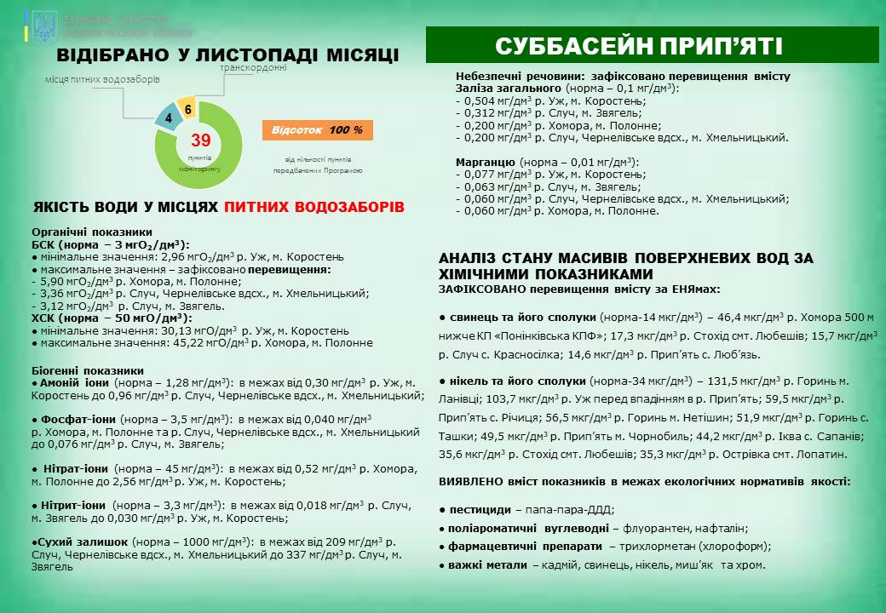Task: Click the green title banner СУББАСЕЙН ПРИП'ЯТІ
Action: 652,45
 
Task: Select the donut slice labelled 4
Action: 169,117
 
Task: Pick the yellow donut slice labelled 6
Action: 187,109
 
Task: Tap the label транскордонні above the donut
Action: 253,68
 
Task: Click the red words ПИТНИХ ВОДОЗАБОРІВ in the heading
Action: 314,207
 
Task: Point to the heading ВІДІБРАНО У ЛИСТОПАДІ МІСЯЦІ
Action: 227,55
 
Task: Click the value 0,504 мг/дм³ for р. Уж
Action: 495,100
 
